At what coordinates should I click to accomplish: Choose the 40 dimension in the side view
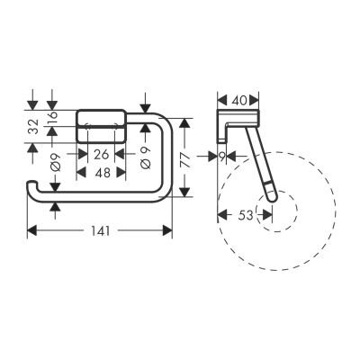[x=238, y=100]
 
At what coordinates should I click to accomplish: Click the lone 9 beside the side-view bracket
[x=223, y=155]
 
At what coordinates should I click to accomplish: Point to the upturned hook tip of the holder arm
[x=32, y=186]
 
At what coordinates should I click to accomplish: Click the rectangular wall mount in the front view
[x=100, y=125]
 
